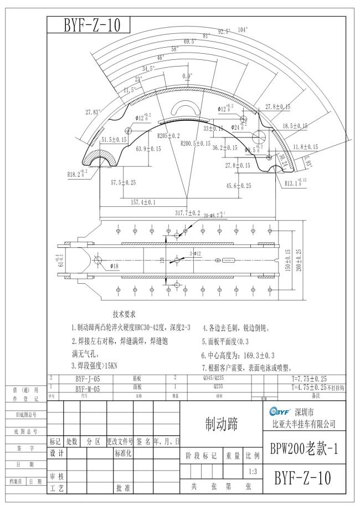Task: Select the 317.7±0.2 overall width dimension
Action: (187, 213)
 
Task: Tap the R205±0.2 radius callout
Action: (168, 135)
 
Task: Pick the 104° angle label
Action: (243, 29)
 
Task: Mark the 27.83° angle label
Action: (93, 112)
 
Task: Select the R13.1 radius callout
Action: (296, 182)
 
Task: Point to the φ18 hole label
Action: (115, 266)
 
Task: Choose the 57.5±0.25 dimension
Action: (123, 182)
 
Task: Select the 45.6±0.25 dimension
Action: (239, 186)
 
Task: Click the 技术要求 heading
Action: (128, 314)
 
